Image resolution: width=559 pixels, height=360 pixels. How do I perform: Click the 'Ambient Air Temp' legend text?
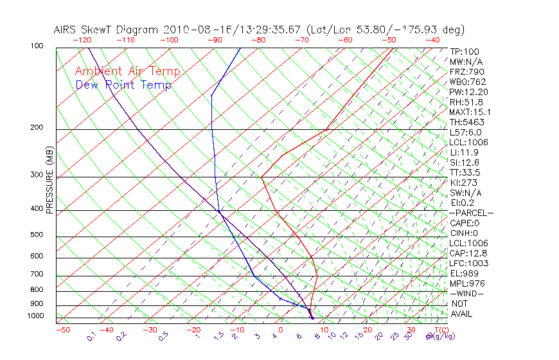[127, 71]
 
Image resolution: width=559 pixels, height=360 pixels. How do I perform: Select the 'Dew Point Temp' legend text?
[123, 85]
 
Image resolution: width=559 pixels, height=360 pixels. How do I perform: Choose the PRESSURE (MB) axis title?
[49, 181]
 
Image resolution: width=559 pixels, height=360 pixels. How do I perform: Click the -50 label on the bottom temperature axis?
[62, 330]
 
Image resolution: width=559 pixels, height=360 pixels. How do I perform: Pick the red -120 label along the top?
[82, 40]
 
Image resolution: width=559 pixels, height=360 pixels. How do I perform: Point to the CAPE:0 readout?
[465, 223]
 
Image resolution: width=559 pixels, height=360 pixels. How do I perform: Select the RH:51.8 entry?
[466, 102]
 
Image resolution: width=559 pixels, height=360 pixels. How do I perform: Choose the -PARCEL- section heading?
[471, 213]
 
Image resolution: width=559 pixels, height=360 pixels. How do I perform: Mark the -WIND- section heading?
[466, 293]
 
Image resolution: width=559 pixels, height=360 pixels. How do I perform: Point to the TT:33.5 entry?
[465, 172]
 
